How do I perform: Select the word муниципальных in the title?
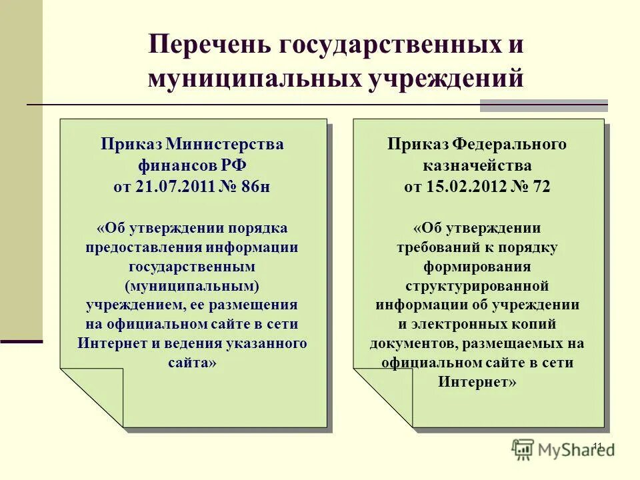click(253, 79)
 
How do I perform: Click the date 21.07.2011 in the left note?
click(175, 187)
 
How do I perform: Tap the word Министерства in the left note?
click(225, 145)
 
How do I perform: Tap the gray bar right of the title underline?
click(543, 105)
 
